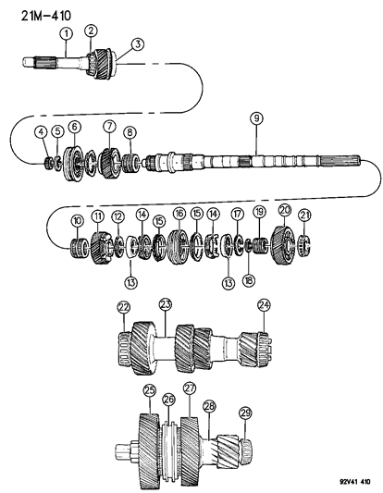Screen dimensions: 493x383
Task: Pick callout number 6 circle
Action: point(74,126)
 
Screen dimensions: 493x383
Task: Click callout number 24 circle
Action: point(265,306)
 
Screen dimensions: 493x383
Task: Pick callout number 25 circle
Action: point(149,392)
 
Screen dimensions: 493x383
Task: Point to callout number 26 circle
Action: point(168,399)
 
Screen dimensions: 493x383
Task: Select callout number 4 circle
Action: point(41,131)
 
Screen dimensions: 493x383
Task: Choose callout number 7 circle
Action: point(110,126)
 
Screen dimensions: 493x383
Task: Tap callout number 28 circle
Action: point(209,405)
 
